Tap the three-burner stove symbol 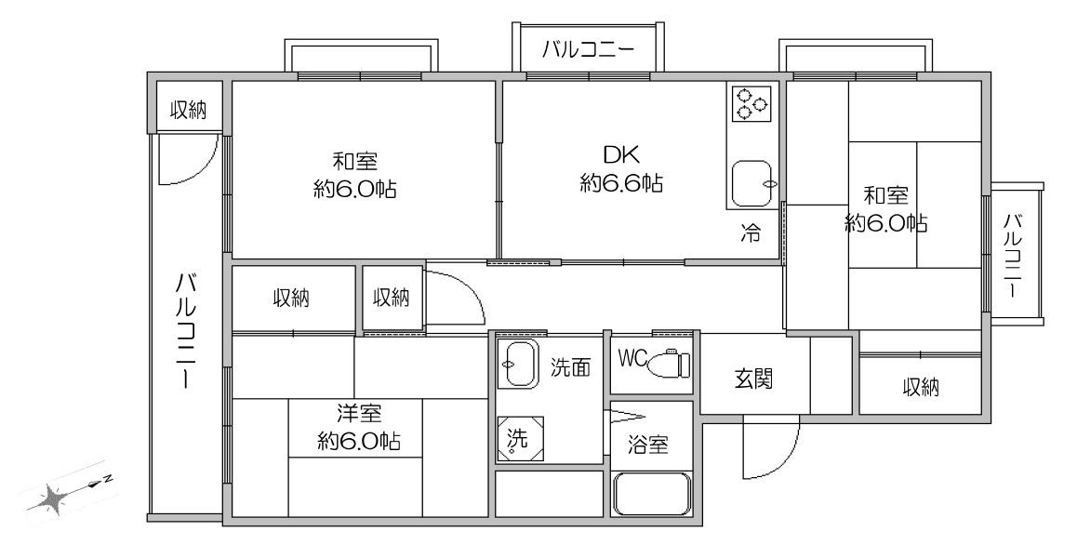(750, 103)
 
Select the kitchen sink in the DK (752, 183)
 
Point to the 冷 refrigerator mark (751, 233)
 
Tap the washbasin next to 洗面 (520, 365)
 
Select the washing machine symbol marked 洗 (520, 439)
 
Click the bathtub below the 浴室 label (651, 494)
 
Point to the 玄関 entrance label (754, 378)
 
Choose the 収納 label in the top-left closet (188, 109)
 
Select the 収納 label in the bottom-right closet (921, 388)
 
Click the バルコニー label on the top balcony (587, 50)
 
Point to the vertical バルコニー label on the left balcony (185, 330)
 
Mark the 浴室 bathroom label (648, 445)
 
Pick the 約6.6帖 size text (621, 183)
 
